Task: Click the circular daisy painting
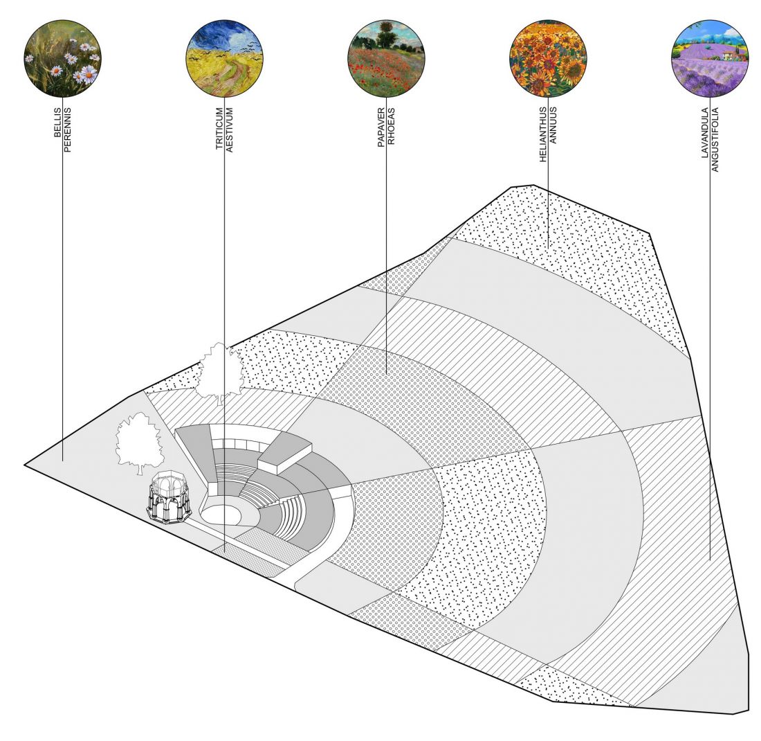click(62, 58)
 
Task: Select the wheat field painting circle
click(224, 58)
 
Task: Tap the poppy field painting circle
click(386, 58)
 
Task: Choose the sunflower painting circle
click(548, 58)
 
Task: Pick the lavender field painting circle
click(710, 58)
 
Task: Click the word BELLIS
click(57, 123)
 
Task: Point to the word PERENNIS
click(68, 130)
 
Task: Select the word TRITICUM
click(219, 128)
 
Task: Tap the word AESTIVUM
click(230, 130)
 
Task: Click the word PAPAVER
click(381, 127)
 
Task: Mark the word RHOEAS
click(391, 126)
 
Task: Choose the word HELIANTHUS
click(543, 134)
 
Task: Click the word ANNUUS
click(553, 125)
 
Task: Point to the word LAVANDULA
click(705, 133)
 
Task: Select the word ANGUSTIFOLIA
click(715, 140)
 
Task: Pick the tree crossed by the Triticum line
click(221, 372)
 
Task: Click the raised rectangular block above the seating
click(284, 452)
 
